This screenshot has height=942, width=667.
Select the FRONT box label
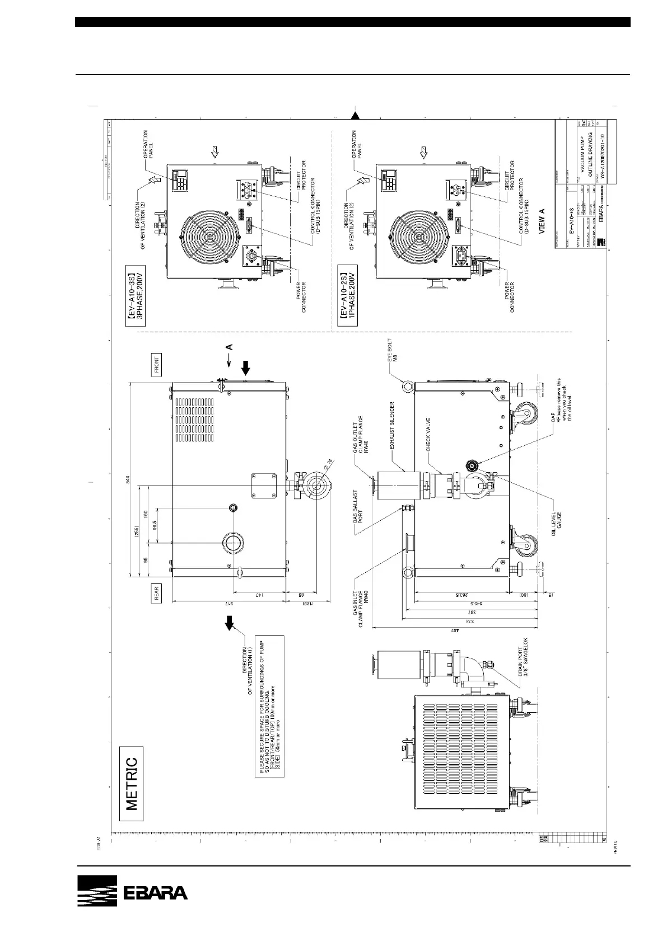click(x=156, y=364)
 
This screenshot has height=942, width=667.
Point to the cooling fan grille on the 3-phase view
click(x=209, y=237)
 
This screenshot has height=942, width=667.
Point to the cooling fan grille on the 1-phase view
click(x=418, y=237)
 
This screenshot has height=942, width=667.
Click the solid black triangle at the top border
click(x=355, y=116)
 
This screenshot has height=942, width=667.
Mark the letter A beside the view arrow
click(x=229, y=347)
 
